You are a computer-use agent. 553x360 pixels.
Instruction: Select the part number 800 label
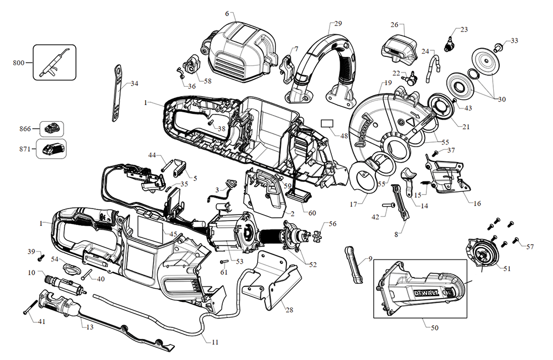click(18, 62)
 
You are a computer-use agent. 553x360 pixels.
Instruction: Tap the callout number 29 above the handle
click(338, 24)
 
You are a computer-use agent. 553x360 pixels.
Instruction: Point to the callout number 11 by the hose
click(215, 342)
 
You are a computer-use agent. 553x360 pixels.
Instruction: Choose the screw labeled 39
click(40, 258)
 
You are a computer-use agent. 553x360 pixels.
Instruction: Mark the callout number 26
click(394, 24)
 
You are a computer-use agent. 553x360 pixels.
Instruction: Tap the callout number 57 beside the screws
click(530, 246)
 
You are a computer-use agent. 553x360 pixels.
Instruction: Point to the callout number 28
click(289, 310)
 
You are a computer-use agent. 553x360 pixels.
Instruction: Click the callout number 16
click(477, 203)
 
